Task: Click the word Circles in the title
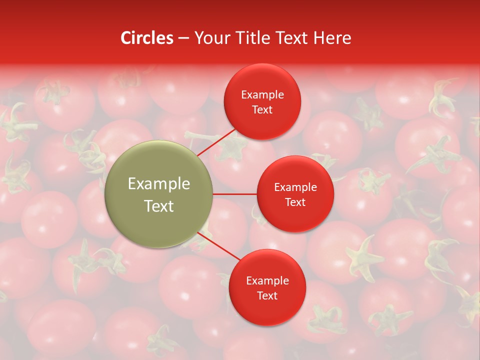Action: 147,38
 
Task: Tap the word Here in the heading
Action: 332,38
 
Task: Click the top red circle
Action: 262,80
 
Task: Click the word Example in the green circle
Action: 159,184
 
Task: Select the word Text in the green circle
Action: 159,206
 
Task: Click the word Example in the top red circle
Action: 262,95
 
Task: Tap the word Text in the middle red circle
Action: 295,202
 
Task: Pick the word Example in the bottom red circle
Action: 267,281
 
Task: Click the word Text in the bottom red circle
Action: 267,296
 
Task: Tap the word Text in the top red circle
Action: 262,110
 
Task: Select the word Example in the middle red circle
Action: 295,187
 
